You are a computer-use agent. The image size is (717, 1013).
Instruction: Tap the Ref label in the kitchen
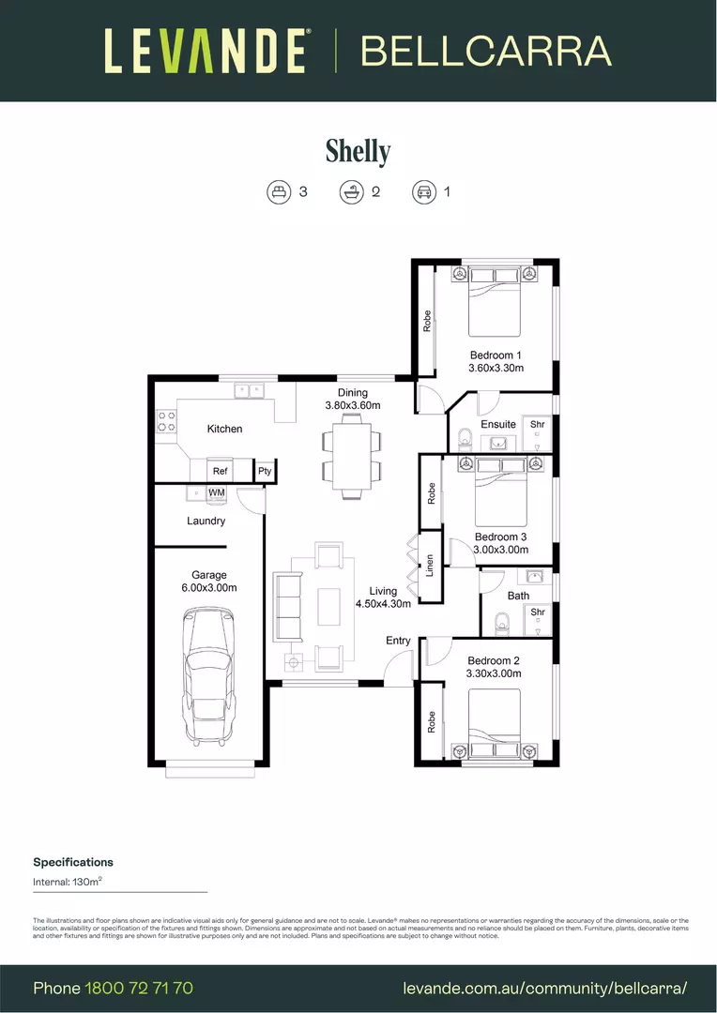click(x=220, y=472)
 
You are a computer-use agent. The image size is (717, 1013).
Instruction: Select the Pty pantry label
click(x=265, y=472)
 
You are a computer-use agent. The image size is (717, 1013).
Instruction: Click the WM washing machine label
click(x=216, y=492)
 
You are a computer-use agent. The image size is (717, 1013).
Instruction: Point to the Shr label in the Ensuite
click(x=537, y=425)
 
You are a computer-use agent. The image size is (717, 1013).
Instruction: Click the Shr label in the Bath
click(x=537, y=612)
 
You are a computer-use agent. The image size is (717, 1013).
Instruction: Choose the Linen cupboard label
click(x=430, y=566)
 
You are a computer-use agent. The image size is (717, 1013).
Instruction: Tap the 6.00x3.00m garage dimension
click(x=209, y=588)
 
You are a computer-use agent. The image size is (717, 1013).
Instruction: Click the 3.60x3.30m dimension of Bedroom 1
click(x=496, y=369)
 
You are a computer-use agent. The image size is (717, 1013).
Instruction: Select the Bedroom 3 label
click(x=500, y=537)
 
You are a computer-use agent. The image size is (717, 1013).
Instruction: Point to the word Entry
click(x=398, y=641)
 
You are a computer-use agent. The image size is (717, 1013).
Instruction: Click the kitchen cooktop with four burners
click(x=167, y=421)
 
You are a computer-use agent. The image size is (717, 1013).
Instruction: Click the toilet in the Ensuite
click(x=465, y=438)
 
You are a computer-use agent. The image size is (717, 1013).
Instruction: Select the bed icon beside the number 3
click(x=278, y=192)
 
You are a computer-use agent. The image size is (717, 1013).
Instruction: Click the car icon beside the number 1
click(x=423, y=192)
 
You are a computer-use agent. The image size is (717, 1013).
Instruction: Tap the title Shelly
click(x=358, y=150)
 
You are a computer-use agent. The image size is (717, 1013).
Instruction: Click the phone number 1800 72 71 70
click(x=139, y=989)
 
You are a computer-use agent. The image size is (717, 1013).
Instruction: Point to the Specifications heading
click(x=73, y=862)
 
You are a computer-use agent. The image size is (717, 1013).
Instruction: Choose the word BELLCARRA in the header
click(x=486, y=51)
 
